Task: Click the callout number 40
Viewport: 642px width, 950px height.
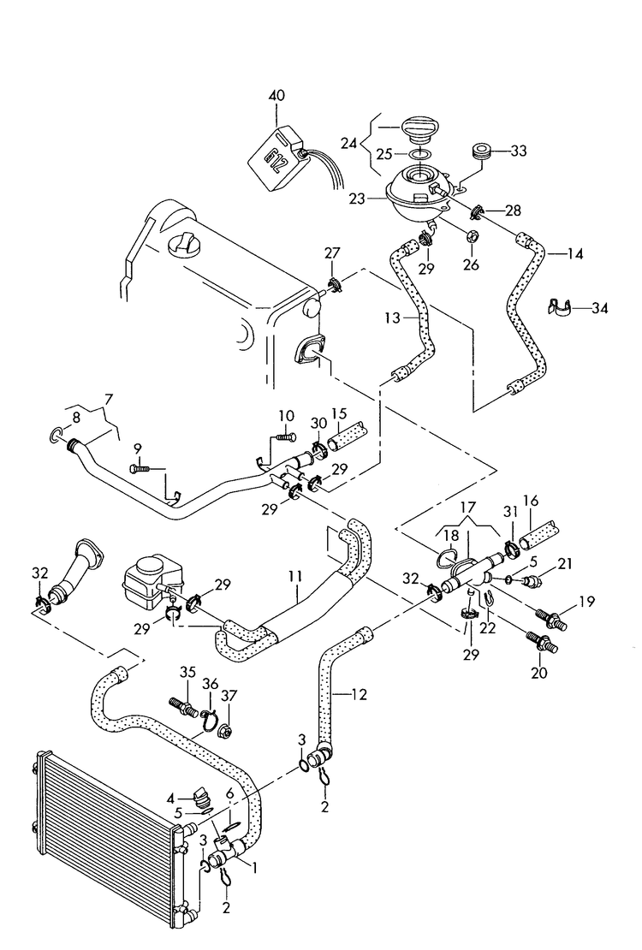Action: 276,97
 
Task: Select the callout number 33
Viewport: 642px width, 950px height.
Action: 519,151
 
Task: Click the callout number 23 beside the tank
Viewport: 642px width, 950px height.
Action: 357,199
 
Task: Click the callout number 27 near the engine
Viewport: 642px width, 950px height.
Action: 331,252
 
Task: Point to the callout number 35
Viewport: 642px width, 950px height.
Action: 188,673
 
